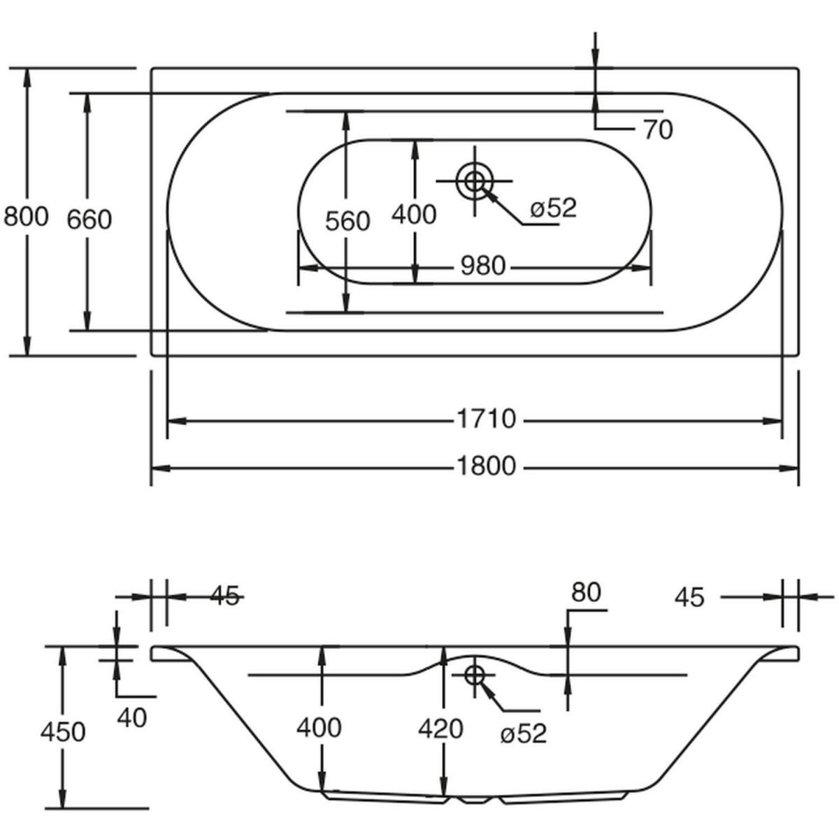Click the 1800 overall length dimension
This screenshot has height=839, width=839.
tap(486, 466)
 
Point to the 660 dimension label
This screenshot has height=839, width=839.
tap(89, 220)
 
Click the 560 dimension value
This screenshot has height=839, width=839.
tap(347, 221)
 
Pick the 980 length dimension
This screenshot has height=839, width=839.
tap(482, 266)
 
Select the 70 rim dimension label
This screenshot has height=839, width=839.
tap(657, 129)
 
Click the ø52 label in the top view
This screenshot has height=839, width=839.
tap(553, 208)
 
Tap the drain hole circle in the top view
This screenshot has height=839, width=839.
tap(474, 181)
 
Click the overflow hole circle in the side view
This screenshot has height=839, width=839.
tap(475, 675)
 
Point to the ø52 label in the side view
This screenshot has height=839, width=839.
tap(523, 733)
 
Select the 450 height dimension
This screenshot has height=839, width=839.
tap(62, 731)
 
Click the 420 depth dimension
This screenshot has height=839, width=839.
tap(440, 729)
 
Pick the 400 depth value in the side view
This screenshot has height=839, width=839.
tap(319, 727)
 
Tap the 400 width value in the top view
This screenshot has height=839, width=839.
tap(414, 214)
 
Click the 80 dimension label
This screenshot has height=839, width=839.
tap(586, 592)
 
